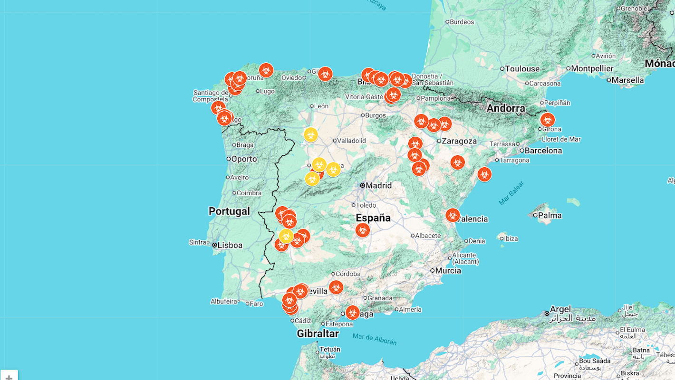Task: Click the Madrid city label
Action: (x=378, y=185)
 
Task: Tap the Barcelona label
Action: (x=543, y=151)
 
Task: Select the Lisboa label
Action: (x=230, y=246)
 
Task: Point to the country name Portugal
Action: (x=229, y=211)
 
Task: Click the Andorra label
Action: (x=506, y=108)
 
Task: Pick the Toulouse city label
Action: (x=522, y=69)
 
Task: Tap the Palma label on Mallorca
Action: (x=550, y=215)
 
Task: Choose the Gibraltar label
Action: (x=318, y=333)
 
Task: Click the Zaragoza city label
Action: (x=459, y=141)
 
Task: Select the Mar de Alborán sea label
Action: (x=375, y=339)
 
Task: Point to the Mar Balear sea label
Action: (x=511, y=193)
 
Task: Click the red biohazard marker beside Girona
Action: (x=548, y=120)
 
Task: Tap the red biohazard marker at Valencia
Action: (x=453, y=215)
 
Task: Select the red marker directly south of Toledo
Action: (x=363, y=230)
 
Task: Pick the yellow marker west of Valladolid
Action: (x=311, y=135)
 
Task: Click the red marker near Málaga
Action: (x=352, y=312)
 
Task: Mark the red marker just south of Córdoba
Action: (x=336, y=287)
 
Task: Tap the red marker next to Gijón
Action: (x=325, y=74)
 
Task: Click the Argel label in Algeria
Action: (x=561, y=309)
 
